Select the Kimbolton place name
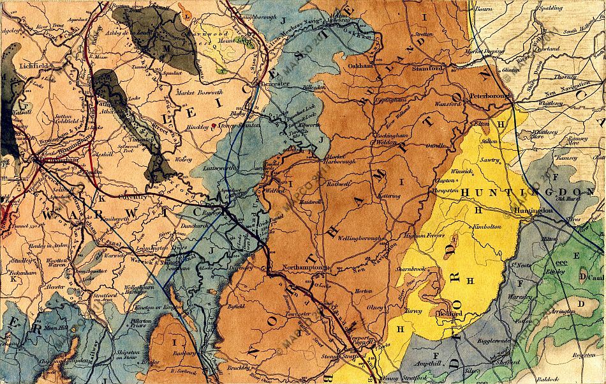tap(489, 227)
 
